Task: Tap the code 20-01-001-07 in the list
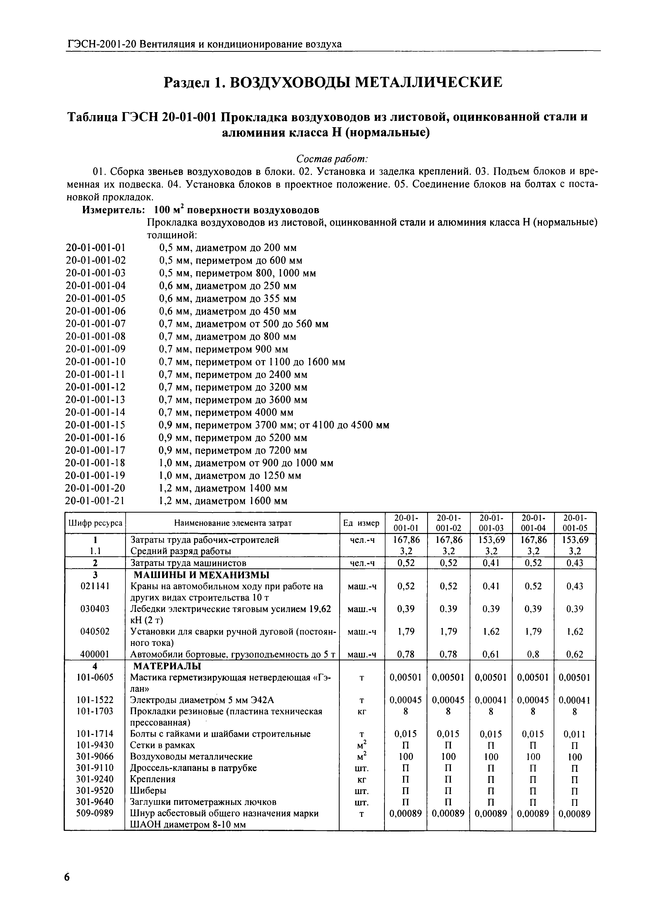click(x=95, y=324)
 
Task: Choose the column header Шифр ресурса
click(x=95, y=523)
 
